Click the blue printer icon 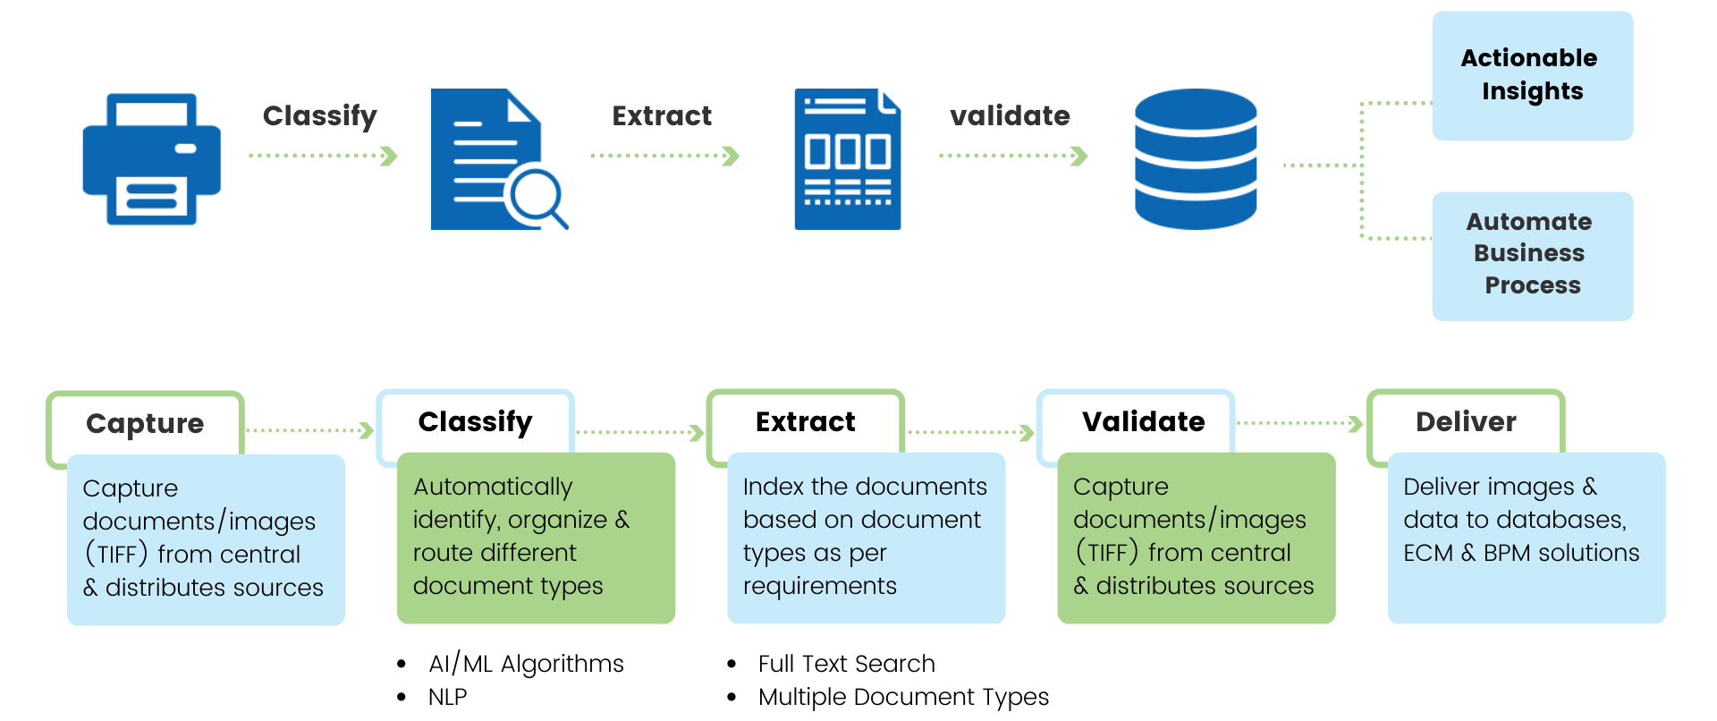151,158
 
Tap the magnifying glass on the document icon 537,196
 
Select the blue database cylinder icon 1196,159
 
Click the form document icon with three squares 847,159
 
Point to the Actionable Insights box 1532,75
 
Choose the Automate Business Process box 1532,255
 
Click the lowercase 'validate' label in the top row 1010,116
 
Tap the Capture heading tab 145,423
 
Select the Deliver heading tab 1465,421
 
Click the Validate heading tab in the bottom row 1143,421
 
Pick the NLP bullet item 447,697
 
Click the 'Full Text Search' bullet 846,664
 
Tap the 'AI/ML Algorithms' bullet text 526,664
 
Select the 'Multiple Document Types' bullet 903,697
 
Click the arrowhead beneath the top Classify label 389,157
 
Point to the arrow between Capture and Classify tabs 309,431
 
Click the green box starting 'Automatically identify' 535,537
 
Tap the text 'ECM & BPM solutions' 1521,553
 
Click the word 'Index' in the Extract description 773,487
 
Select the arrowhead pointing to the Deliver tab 1356,423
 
